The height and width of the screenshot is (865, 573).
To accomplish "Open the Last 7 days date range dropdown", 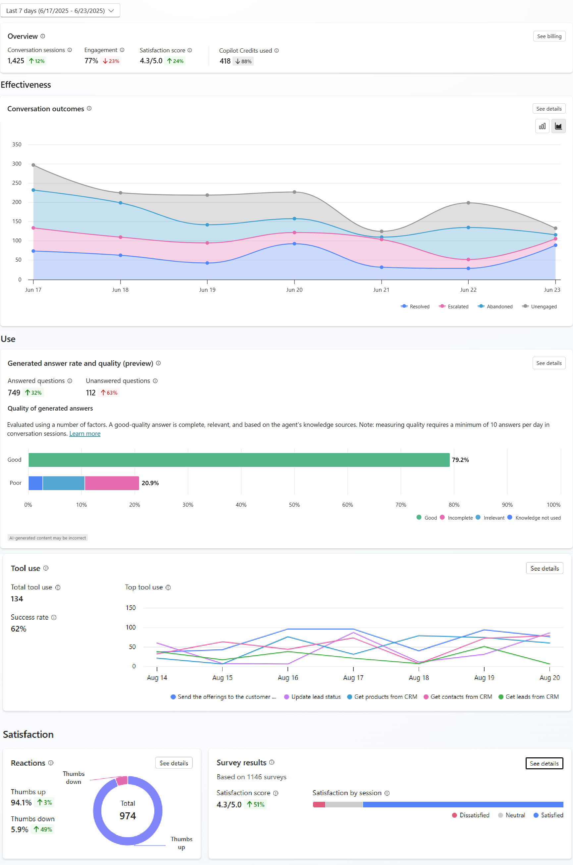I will [60, 11].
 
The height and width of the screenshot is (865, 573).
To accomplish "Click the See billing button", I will [549, 36].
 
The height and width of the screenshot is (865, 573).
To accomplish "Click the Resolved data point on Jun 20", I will [294, 244].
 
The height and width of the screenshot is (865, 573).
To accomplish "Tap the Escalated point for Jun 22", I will [468, 260].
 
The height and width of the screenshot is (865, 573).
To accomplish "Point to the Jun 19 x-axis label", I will [207, 290].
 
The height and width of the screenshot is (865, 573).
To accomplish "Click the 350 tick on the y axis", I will [17, 145].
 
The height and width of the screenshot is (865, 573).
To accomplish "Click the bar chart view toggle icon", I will [542, 127].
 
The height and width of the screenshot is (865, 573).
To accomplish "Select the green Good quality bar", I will [239, 460].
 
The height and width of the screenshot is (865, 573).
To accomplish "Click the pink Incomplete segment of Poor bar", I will [112, 483].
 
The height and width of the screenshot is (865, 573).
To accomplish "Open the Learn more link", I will [85, 433].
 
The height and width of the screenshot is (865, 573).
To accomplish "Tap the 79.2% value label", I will [460, 460].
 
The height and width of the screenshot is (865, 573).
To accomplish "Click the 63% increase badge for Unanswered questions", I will [109, 393].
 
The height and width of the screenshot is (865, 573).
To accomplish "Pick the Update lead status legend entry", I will [312, 696].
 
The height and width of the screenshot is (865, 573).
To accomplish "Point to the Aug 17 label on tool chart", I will [353, 678].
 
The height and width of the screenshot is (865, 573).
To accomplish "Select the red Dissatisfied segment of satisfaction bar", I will [319, 804].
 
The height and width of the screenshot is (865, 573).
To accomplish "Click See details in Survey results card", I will [544, 763].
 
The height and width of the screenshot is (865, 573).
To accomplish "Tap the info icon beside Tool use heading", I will [46, 568].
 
